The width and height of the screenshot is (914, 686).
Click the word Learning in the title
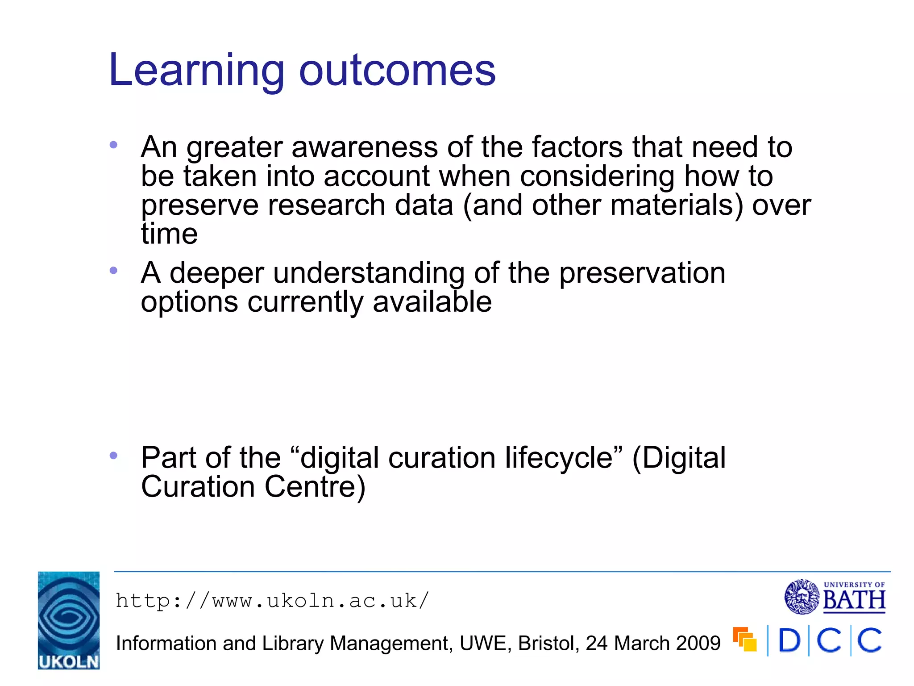tap(196, 71)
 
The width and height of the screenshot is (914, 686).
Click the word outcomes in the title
tap(397, 71)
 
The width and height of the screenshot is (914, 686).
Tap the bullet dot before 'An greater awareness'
tap(113, 145)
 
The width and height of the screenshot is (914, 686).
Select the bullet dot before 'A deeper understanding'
tap(113, 270)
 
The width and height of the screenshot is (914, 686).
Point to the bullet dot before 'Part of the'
tap(113, 456)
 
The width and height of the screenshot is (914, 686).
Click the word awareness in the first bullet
tap(365, 147)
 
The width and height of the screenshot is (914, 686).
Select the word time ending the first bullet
tap(169, 234)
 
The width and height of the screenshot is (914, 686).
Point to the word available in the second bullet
tap(432, 302)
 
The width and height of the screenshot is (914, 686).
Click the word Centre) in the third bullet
tap(315, 487)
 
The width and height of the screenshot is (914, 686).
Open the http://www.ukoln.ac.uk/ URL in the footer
tap(272, 601)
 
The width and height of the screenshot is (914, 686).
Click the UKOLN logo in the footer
tap(69, 620)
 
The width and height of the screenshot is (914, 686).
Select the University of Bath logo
tap(835, 597)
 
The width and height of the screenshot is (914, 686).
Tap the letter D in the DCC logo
tap(789, 641)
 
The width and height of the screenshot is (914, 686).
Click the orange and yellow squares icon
tap(745, 640)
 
